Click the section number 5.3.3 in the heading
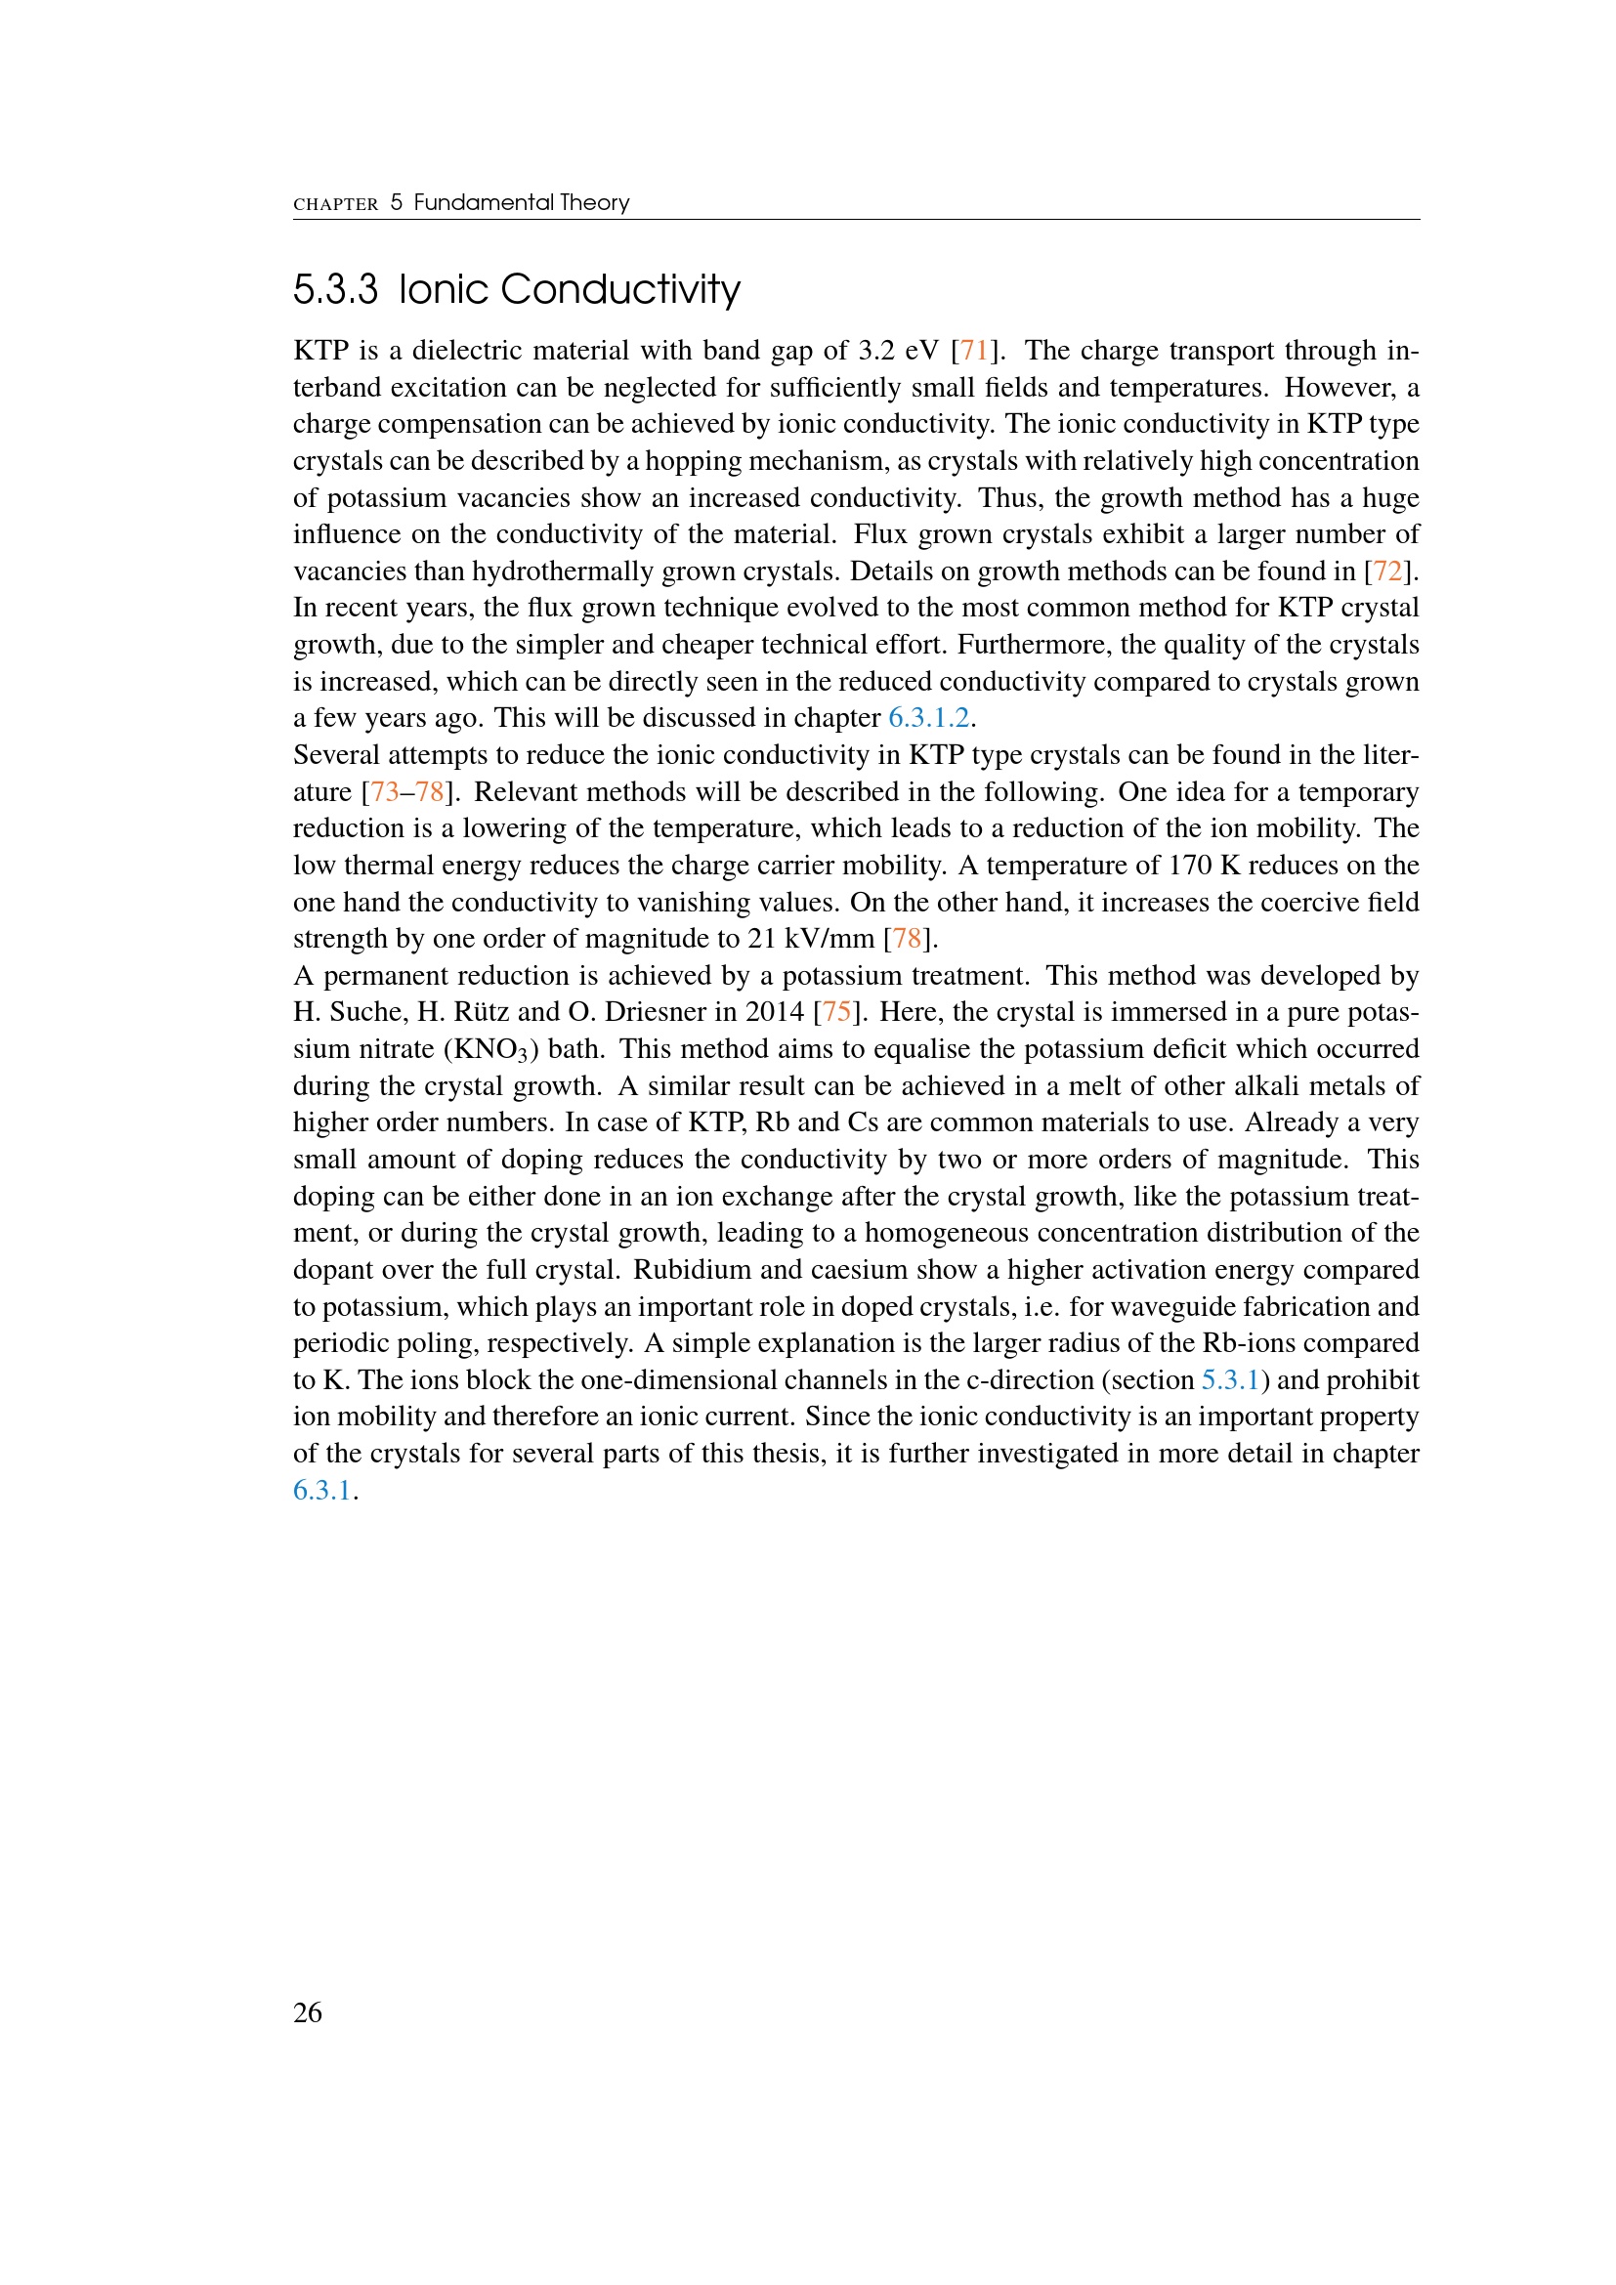pos(335,289)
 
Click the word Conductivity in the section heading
pos(620,289)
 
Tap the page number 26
pos(308,2012)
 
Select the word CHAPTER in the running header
pos(335,204)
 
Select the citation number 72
pos(1387,571)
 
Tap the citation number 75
pos(837,1012)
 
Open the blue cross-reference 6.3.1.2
pos(928,719)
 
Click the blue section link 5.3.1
pos(1231,1380)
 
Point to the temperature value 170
pos(1189,866)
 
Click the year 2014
pos(774,1012)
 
